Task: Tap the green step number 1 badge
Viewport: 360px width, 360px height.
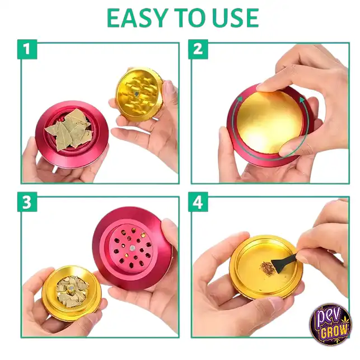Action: tap(27, 49)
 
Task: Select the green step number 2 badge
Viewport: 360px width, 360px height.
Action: tap(198, 49)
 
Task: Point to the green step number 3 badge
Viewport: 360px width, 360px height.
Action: tap(27, 202)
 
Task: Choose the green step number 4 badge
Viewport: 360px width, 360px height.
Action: tap(198, 202)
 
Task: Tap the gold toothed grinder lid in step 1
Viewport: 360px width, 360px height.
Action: tap(139, 95)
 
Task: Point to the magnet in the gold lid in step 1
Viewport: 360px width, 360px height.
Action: tap(137, 93)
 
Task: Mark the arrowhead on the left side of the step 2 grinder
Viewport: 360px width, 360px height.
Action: tap(240, 99)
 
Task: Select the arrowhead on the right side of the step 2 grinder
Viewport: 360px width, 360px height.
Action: tap(302, 100)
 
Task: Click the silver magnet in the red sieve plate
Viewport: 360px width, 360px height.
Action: tap(133, 248)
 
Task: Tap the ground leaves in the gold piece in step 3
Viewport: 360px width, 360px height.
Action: tap(72, 291)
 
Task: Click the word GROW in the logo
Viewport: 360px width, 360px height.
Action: tap(334, 331)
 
